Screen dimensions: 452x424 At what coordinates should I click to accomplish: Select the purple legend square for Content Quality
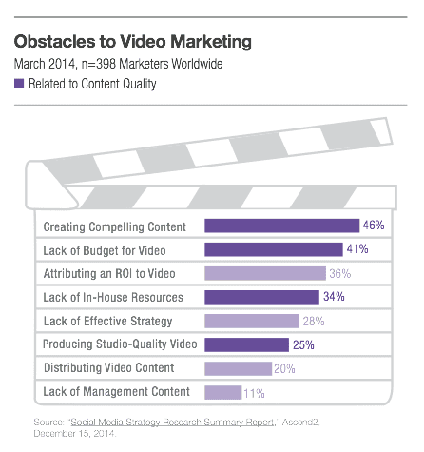click(x=20, y=85)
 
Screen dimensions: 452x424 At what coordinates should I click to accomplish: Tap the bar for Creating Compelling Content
click(x=281, y=226)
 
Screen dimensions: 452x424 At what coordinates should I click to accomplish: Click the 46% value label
click(x=374, y=226)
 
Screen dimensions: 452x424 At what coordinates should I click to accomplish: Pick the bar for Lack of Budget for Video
click(x=274, y=250)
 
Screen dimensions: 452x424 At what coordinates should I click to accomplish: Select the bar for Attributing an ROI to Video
click(x=266, y=273)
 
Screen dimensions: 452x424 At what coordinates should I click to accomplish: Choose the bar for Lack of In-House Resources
click(x=262, y=297)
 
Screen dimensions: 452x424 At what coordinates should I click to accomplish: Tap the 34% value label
click(x=335, y=297)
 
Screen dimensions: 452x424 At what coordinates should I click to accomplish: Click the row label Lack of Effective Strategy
click(x=108, y=321)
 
